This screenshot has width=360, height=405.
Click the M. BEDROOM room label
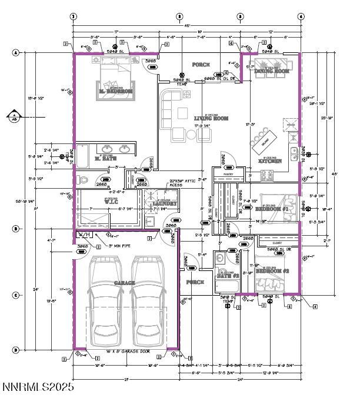click(115, 92)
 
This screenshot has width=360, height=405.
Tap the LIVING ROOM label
click(211, 119)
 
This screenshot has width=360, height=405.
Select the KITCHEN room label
click(270, 160)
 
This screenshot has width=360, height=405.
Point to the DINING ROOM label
click(272, 71)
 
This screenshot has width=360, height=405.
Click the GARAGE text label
click(125, 283)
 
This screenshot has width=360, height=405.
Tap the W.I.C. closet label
click(112, 202)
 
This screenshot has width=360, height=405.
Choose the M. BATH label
click(106, 159)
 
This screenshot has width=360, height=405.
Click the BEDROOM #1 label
click(271, 209)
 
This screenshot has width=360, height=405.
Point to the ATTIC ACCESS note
click(183, 182)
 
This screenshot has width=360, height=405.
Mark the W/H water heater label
click(84, 235)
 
